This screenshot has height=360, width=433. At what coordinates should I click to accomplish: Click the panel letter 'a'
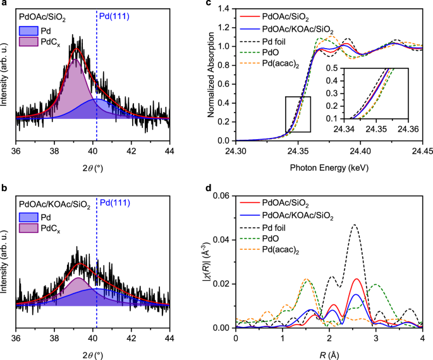coord(4,4)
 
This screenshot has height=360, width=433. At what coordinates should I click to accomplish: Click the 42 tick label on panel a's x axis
coord(131,151)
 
